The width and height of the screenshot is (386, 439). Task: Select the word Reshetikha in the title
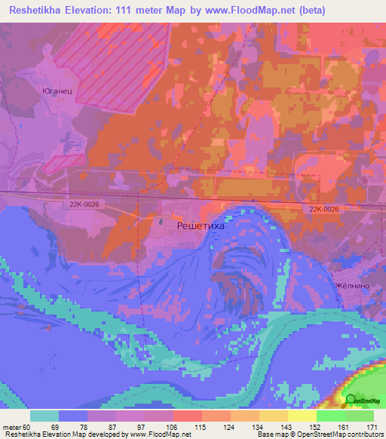(x=35, y=11)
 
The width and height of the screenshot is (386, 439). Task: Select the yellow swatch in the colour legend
(x=302, y=416)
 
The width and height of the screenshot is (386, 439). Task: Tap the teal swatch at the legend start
(x=44, y=416)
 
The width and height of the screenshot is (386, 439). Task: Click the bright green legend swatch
(x=330, y=416)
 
